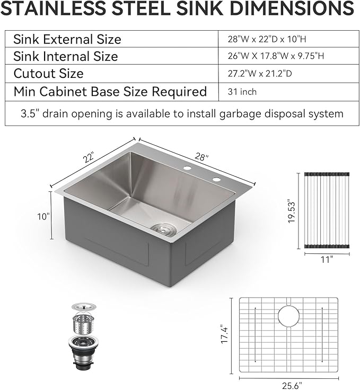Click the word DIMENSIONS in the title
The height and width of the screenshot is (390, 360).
pyautogui.click(x=286, y=9)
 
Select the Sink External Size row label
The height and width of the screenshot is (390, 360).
pyautogui.click(x=67, y=39)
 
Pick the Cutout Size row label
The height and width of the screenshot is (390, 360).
pyautogui.click(x=48, y=74)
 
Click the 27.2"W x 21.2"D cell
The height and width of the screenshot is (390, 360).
pyautogui.click(x=259, y=74)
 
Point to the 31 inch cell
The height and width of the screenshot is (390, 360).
pyautogui.click(x=242, y=92)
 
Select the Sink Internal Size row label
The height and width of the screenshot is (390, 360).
pyautogui.click(x=66, y=56)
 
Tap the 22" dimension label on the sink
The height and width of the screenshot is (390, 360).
pyautogui.click(x=89, y=158)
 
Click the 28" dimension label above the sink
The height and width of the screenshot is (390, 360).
pyautogui.click(x=201, y=157)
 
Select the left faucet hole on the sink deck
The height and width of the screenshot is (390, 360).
pyautogui.click(x=188, y=169)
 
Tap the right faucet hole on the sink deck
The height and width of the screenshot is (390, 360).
pyautogui.click(x=216, y=180)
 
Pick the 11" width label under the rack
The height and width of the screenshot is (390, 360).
pyautogui.click(x=327, y=260)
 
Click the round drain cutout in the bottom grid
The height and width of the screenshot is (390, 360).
pyautogui.click(x=288, y=316)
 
